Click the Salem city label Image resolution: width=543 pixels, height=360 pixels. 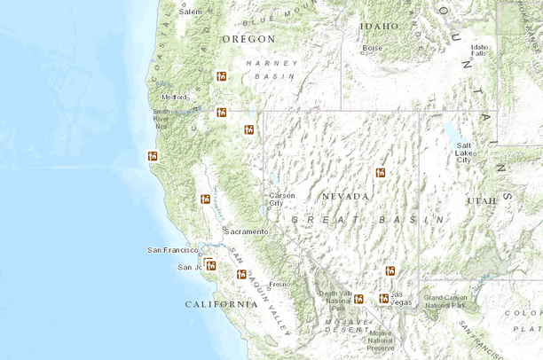(190, 12)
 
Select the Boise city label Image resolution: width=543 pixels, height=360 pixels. (372, 48)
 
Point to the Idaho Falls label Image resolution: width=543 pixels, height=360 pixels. (480, 50)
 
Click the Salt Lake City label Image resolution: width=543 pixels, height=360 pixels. (463, 152)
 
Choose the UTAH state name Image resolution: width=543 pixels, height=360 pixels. (482, 200)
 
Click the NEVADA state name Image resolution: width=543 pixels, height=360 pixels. (345, 196)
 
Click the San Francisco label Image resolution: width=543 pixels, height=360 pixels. (172, 250)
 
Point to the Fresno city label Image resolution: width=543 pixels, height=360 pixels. (279, 284)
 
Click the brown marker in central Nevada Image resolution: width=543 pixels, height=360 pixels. (380, 172)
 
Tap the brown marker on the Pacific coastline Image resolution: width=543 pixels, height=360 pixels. (153, 156)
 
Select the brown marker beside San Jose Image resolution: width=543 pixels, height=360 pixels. (210, 264)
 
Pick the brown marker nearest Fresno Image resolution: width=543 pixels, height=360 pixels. (240, 274)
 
